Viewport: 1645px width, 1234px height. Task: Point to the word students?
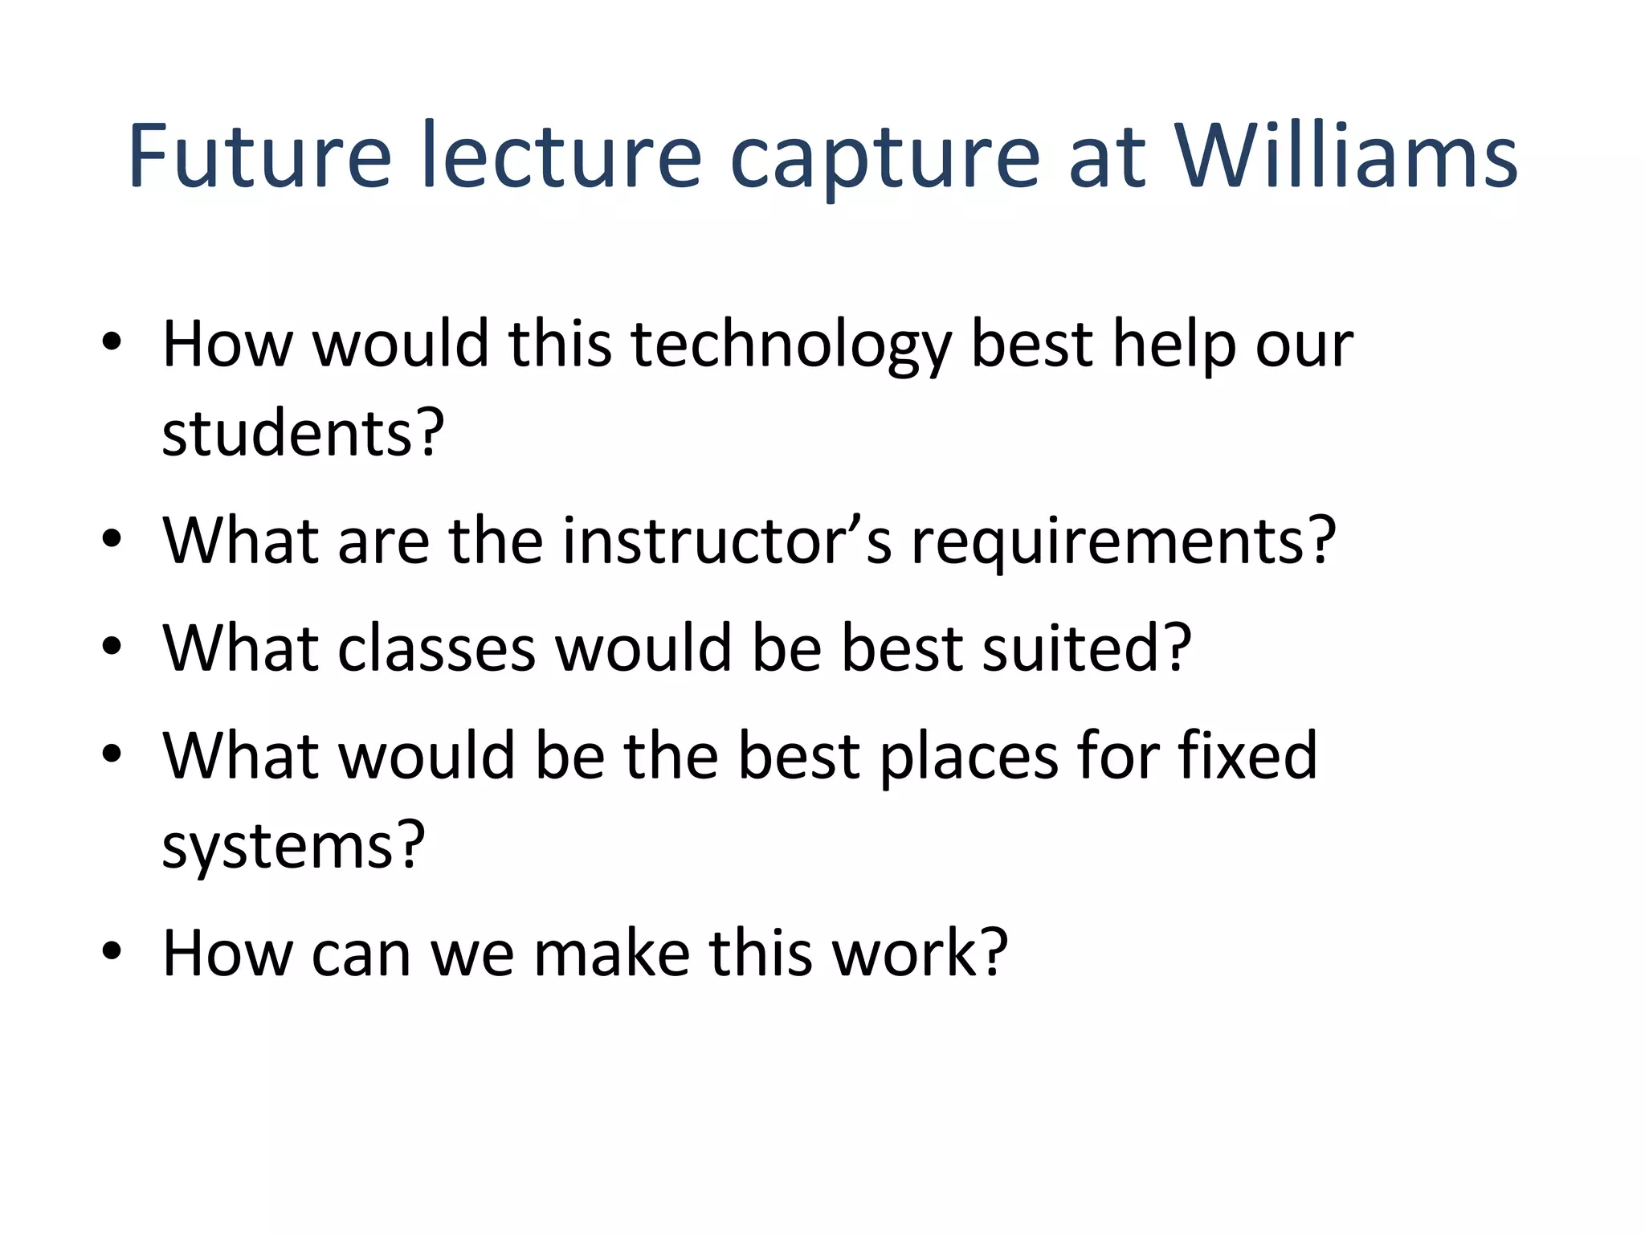(x=303, y=434)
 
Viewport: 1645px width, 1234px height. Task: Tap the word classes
(x=436, y=648)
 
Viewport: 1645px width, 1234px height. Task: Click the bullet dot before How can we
(x=112, y=950)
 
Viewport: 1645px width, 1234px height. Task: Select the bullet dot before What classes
(x=112, y=645)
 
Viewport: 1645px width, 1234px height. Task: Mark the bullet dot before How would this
(x=112, y=341)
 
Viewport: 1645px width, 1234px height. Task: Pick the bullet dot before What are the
(x=112, y=538)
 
